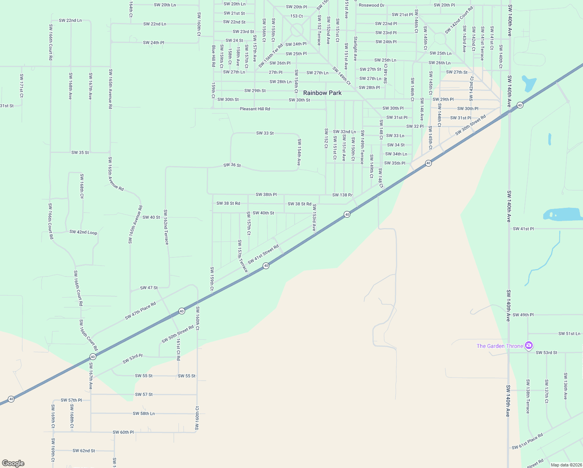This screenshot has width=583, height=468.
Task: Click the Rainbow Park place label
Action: click(x=322, y=93)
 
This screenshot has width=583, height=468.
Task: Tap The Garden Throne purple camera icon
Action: click(x=529, y=346)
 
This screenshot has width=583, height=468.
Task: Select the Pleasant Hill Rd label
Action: click(x=255, y=109)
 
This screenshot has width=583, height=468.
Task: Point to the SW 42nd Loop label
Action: click(x=83, y=232)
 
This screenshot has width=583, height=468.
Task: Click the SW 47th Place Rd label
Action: click(x=140, y=311)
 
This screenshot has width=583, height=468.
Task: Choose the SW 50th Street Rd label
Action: click(x=178, y=334)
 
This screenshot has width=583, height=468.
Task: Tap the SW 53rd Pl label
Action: click(x=132, y=358)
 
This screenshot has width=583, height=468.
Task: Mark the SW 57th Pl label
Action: click(x=71, y=400)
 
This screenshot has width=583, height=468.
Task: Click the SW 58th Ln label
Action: click(x=144, y=413)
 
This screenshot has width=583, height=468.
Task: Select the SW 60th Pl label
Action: click(x=123, y=432)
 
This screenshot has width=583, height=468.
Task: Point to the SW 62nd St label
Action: click(x=84, y=450)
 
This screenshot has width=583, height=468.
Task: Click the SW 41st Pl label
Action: click(x=523, y=229)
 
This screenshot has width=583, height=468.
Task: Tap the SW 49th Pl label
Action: click(x=523, y=315)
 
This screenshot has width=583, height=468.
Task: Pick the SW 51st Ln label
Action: click(x=569, y=333)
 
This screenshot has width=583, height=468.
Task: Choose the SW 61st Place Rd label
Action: click(x=527, y=441)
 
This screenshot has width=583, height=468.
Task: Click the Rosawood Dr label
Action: click(x=372, y=5)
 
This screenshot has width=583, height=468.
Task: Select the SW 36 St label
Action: click(x=232, y=165)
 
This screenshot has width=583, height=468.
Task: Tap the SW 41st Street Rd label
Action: click(x=263, y=254)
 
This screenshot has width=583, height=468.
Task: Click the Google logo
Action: click(x=13, y=463)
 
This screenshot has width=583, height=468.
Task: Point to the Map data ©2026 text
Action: click(x=566, y=464)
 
